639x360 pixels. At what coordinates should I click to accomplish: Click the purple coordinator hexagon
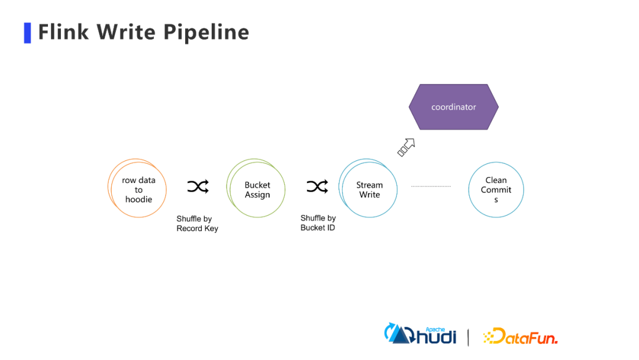click(x=454, y=107)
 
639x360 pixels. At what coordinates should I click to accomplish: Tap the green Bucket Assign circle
click(x=257, y=189)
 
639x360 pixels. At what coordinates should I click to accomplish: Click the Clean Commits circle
click(x=496, y=189)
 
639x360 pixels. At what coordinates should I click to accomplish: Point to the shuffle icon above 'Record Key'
click(x=198, y=187)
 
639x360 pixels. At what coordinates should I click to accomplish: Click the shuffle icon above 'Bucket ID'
click(x=317, y=187)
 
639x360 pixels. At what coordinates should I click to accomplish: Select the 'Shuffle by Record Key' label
click(x=197, y=224)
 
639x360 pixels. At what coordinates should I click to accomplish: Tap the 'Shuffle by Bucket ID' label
click(x=318, y=223)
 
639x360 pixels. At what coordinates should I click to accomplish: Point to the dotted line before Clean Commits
click(x=431, y=186)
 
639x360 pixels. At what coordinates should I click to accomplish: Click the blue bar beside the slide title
click(x=27, y=33)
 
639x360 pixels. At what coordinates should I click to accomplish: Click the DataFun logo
click(x=520, y=336)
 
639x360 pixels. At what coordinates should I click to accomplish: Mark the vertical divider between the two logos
click(x=469, y=336)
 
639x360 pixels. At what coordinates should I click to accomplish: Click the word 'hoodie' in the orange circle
click(x=138, y=200)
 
